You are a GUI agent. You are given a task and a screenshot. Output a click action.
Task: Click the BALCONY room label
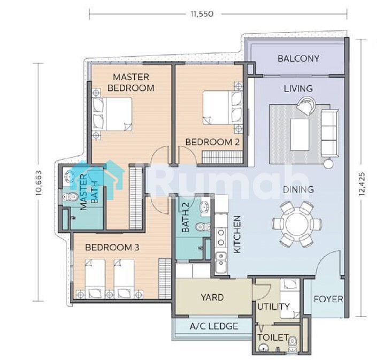298,58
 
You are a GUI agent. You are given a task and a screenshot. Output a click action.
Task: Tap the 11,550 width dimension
202,14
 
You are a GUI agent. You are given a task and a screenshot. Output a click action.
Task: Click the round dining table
296,224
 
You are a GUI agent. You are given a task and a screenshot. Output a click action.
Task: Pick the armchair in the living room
306,105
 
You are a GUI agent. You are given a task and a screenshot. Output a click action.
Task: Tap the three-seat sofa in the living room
329,133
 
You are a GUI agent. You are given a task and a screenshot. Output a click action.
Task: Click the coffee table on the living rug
299,134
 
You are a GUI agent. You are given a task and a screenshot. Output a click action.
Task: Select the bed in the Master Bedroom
112,114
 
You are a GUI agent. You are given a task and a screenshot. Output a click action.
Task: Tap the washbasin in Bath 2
205,207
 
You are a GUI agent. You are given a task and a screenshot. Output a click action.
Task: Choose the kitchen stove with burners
221,236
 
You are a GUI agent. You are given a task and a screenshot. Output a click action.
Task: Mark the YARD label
212,297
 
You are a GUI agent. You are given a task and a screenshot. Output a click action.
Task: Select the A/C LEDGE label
214,326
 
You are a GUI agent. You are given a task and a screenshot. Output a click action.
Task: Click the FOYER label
328,299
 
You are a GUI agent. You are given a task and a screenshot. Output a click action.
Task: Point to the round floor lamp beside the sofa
328,164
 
